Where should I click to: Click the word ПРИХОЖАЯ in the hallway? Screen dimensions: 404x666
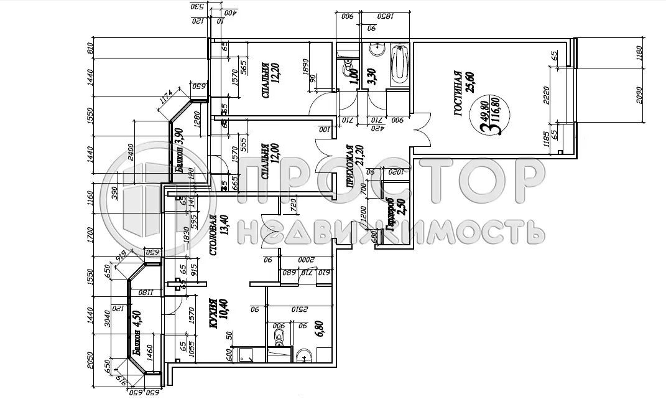(x=350, y=167)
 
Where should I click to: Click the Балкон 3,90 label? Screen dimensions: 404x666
(x=180, y=151)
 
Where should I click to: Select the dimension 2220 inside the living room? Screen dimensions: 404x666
(x=546, y=98)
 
